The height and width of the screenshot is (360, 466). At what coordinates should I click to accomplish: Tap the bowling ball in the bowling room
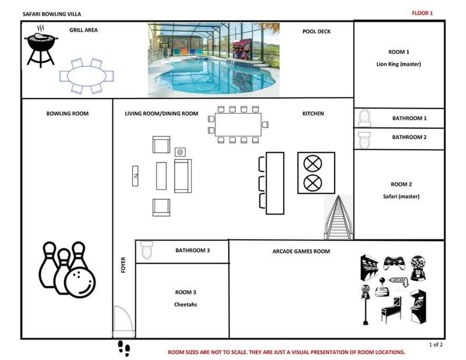[x=80, y=283]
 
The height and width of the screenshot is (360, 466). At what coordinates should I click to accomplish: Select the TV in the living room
[x=135, y=176]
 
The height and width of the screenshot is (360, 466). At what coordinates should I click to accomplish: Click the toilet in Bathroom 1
[x=365, y=118]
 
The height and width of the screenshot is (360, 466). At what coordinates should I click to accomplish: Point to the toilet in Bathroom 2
[x=364, y=140]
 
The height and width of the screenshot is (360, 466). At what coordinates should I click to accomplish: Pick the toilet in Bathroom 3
[x=146, y=250]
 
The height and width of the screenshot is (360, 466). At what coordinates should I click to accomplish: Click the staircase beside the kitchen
[x=338, y=217]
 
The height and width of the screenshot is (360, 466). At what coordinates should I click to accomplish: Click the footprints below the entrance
[x=124, y=348]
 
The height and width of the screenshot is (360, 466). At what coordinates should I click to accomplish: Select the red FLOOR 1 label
[x=422, y=13]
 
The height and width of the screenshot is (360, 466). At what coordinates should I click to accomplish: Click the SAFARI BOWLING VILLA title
[x=52, y=14]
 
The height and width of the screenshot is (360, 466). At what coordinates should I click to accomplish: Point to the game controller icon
[x=394, y=263]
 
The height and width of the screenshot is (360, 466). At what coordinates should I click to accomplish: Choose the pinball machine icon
[x=391, y=310]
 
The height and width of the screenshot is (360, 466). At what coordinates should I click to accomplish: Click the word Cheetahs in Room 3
[x=186, y=305]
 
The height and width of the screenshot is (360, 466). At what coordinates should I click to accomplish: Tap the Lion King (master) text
[x=399, y=64]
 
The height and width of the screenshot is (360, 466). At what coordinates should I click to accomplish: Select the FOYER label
[x=123, y=265]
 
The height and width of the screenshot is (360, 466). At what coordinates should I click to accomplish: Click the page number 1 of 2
[x=435, y=345]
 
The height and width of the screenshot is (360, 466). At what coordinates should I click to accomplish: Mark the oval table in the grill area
[x=86, y=76]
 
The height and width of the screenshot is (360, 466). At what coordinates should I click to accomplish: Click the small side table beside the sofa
[x=180, y=152]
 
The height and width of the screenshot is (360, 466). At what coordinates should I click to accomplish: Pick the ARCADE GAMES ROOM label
[x=301, y=251]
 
